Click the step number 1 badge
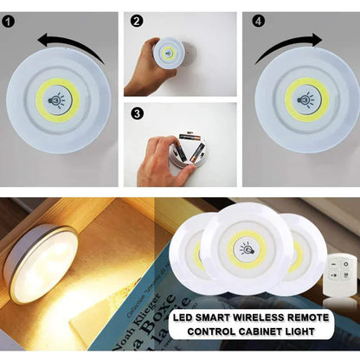point(9,19)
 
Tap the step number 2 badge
point(137,20)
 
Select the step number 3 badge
point(137,112)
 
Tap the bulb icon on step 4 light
point(307,98)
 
